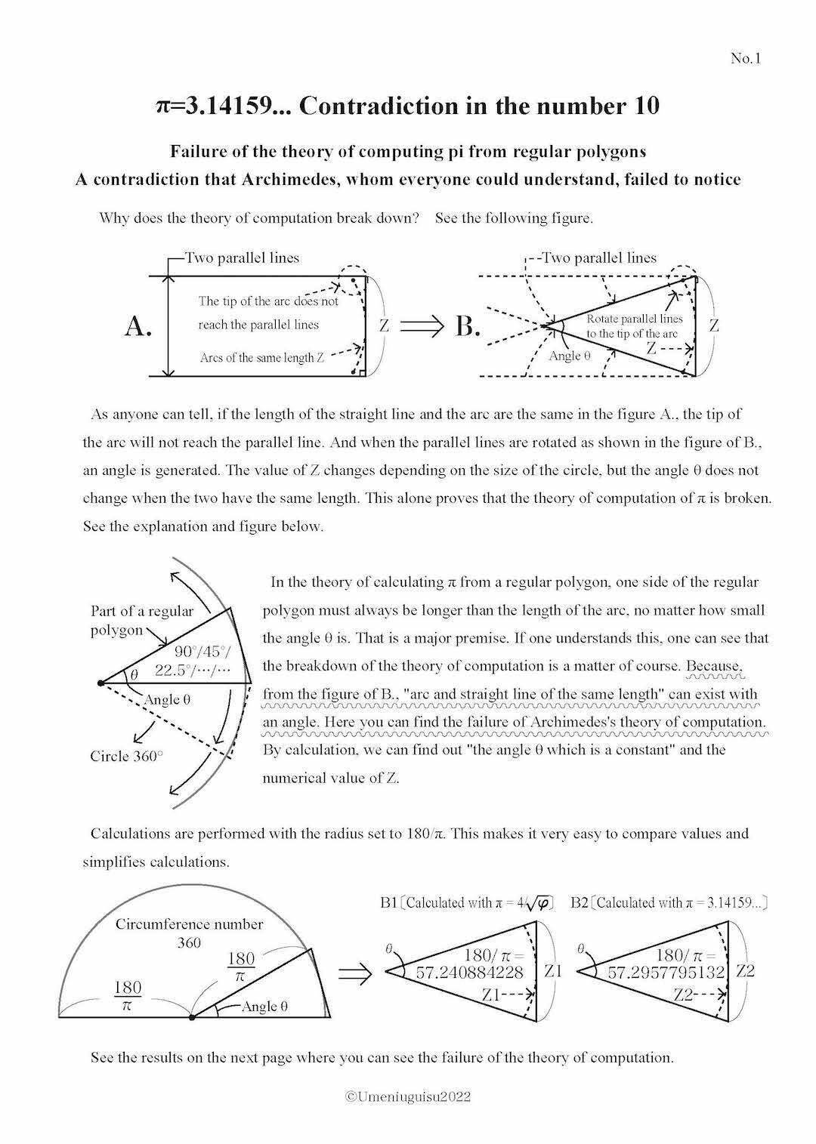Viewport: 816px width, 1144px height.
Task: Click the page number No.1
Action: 745,58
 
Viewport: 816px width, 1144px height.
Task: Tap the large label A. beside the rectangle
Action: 139,326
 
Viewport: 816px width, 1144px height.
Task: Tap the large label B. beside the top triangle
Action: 468,326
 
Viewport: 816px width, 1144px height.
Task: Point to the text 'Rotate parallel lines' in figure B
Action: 634,319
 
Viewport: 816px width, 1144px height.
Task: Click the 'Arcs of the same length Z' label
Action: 261,358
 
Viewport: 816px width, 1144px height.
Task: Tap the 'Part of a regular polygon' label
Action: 141,620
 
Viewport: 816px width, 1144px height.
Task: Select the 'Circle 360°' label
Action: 126,756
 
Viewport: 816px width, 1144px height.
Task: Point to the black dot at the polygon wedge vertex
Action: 100,683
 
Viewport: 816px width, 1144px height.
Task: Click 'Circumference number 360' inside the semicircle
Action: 189,933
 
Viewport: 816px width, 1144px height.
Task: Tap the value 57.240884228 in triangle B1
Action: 469,972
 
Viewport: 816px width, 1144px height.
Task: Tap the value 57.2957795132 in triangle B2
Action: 666,972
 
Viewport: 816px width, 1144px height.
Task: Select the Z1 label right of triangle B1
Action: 553,971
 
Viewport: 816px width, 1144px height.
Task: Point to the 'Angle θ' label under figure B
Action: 569,356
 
